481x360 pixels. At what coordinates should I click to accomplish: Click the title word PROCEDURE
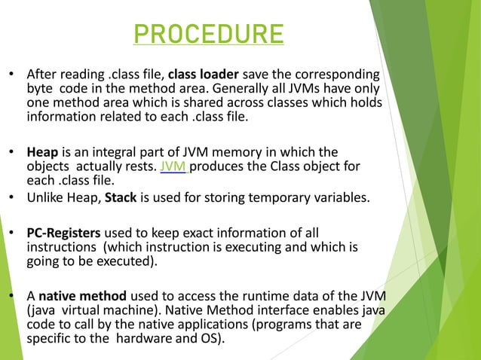208,35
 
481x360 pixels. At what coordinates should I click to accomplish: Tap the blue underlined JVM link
174,166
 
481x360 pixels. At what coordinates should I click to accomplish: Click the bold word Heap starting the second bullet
41,151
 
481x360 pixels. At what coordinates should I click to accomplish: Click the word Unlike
45,199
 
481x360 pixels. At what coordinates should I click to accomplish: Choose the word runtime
235,296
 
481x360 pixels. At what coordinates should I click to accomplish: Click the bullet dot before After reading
11,75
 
